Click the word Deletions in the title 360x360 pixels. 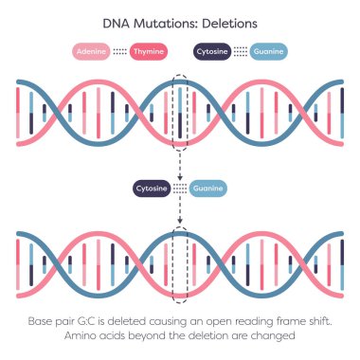(x=226, y=21)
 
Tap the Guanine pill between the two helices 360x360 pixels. (x=208, y=189)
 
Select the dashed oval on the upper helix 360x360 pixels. (x=180, y=112)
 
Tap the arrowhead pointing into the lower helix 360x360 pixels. (x=180, y=225)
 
